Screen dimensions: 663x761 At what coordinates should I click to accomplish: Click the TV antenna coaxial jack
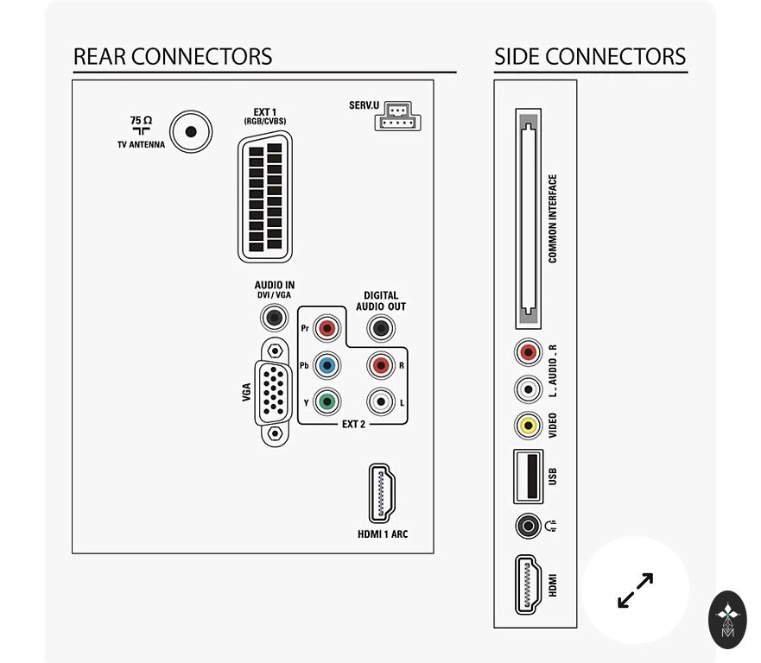[190, 132]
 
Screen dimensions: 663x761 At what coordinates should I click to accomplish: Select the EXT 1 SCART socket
[265, 198]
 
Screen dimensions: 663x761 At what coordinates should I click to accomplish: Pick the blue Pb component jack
[327, 365]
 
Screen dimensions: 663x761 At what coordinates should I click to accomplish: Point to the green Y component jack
[327, 401]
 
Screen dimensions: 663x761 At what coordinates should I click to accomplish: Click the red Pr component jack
[327, 328]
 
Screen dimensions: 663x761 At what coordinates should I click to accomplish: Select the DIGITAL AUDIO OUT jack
[380, 328]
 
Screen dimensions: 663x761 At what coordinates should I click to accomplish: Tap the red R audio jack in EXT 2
[380, 365]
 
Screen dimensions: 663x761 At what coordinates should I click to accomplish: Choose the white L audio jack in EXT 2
[380, 401]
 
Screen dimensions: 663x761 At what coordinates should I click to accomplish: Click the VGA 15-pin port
[274, 392]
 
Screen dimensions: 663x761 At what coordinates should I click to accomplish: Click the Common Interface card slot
[528, 218]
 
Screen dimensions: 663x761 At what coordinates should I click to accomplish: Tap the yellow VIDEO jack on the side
[528, 425]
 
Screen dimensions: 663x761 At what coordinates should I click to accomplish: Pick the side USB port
[528, 476]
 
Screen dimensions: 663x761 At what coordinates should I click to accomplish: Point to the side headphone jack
[527, 524]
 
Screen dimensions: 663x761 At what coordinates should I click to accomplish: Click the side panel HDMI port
[528, 584]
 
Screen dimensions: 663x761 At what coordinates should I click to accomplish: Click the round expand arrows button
[635, 590]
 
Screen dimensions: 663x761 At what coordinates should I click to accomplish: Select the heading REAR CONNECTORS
[173, 57]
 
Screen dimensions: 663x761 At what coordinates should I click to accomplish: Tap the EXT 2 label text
[353, 425]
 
